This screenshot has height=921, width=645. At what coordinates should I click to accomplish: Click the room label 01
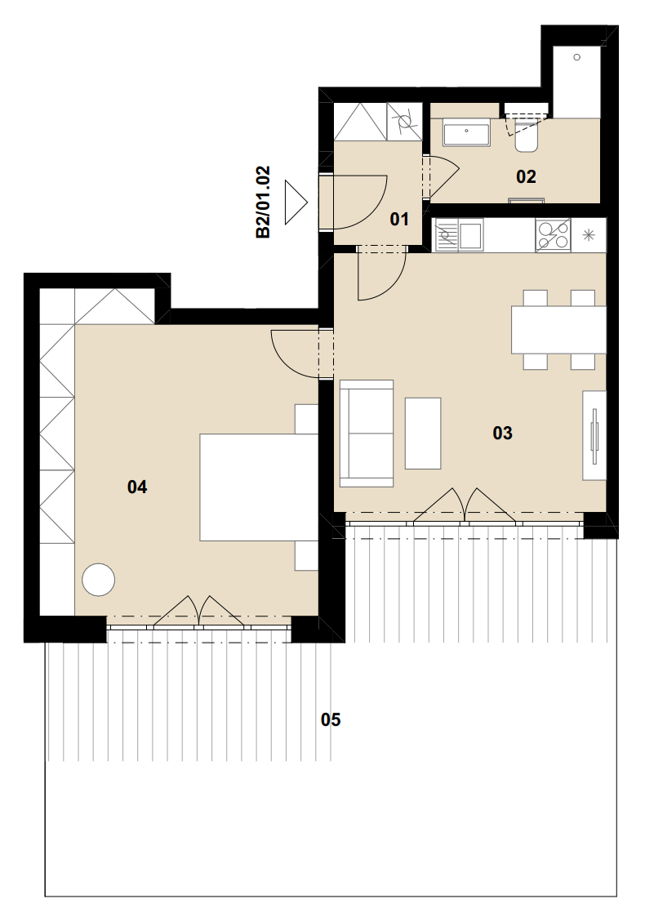coord(399,219)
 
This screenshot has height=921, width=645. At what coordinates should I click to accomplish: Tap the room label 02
coord(526,176)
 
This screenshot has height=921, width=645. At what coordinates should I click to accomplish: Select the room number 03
coord(502,433)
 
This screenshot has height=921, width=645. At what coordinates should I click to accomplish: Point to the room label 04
coord(137,487)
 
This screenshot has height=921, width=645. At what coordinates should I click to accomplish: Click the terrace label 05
coord(331,719)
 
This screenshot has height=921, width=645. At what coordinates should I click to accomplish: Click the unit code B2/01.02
coord(263,202)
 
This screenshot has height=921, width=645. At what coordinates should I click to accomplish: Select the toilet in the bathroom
coord(525,136)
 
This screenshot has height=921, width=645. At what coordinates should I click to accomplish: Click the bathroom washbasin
coord(466,133)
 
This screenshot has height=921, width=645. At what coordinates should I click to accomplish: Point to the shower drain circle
coord(577,57)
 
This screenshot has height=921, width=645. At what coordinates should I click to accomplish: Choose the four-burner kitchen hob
coord(553,235)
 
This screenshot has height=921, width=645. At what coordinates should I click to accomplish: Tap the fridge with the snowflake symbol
coord(589,235)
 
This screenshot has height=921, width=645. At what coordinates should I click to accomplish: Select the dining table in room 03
coord(558,330)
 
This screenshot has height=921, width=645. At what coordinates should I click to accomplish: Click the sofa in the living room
coord(367,434)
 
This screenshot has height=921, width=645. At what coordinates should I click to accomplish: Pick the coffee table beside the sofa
coord(423,433)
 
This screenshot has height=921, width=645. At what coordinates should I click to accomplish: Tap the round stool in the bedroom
coord(98,580)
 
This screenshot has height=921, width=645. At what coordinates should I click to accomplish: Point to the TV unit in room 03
coord(594,434)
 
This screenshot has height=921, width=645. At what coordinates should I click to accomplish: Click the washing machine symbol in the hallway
coord(405,122)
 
